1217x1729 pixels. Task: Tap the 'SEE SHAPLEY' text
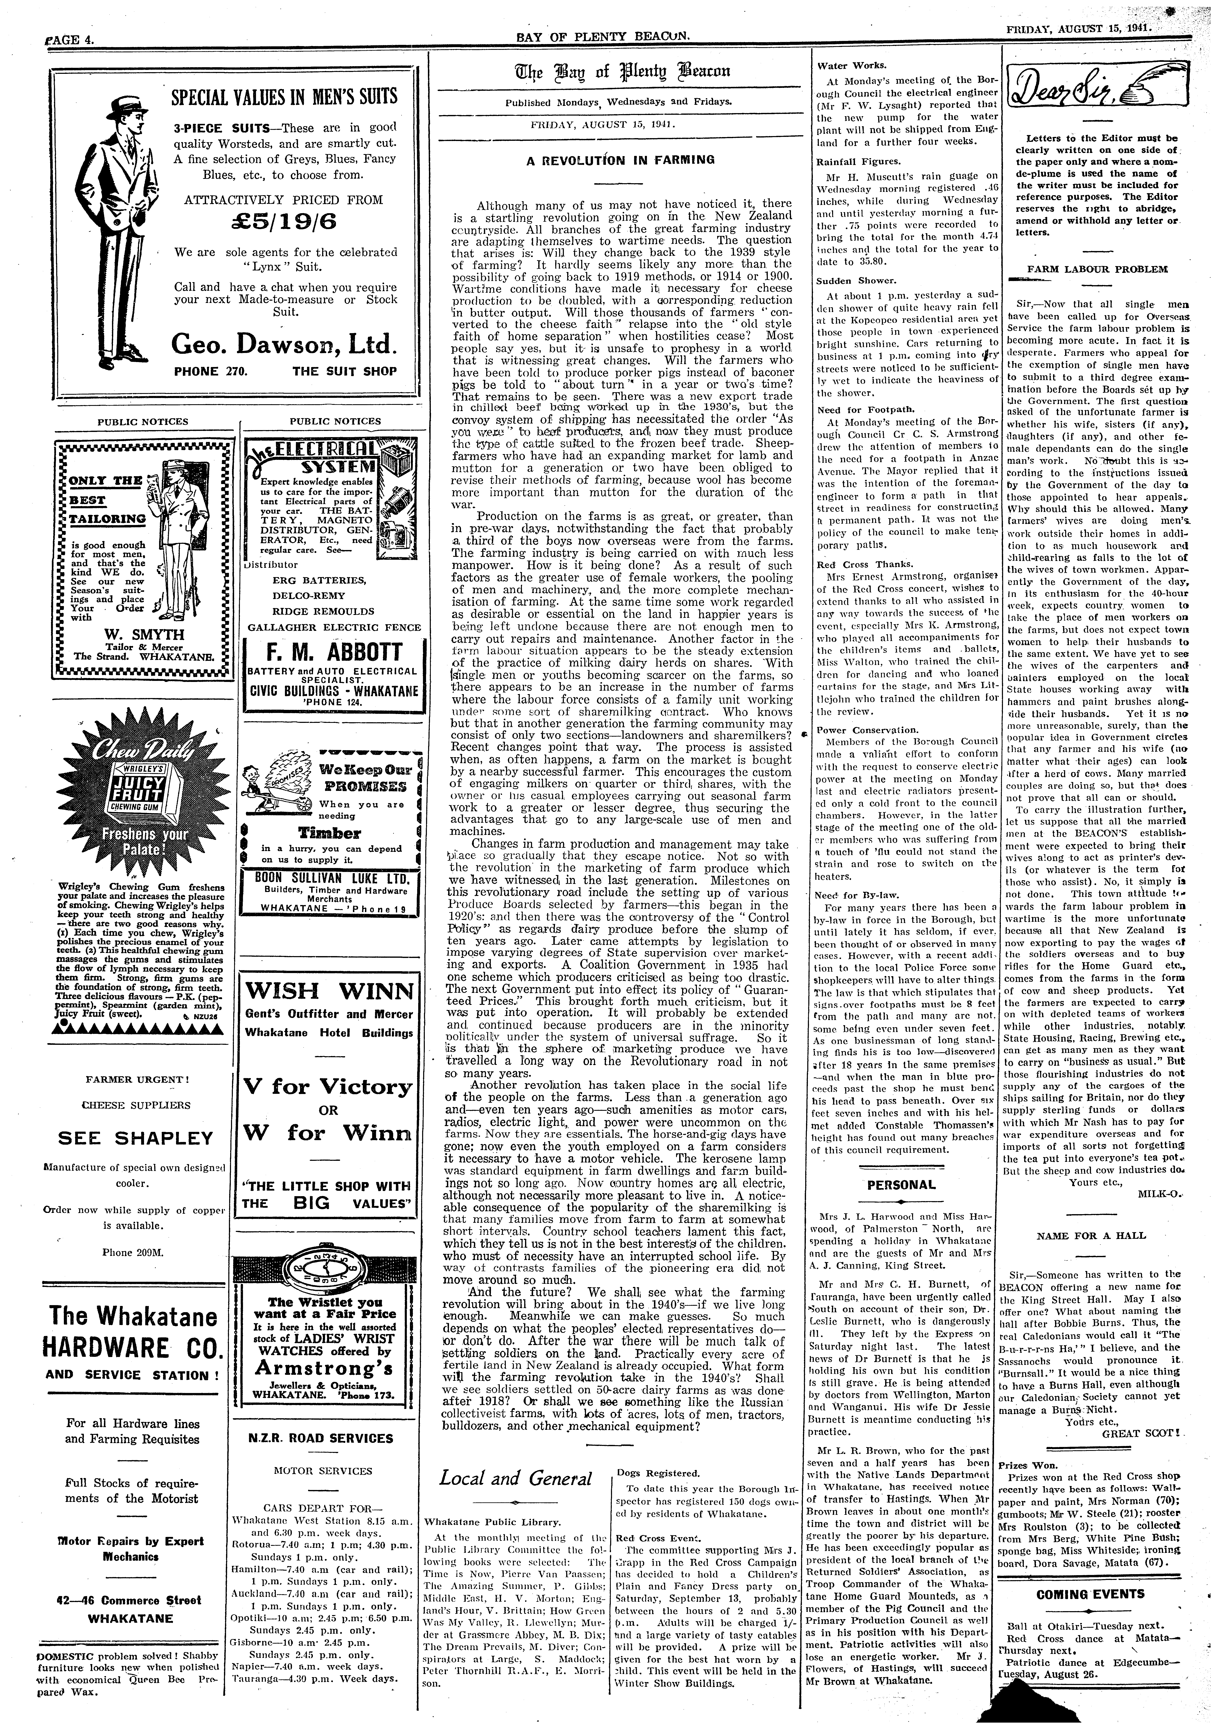(136, 1138)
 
